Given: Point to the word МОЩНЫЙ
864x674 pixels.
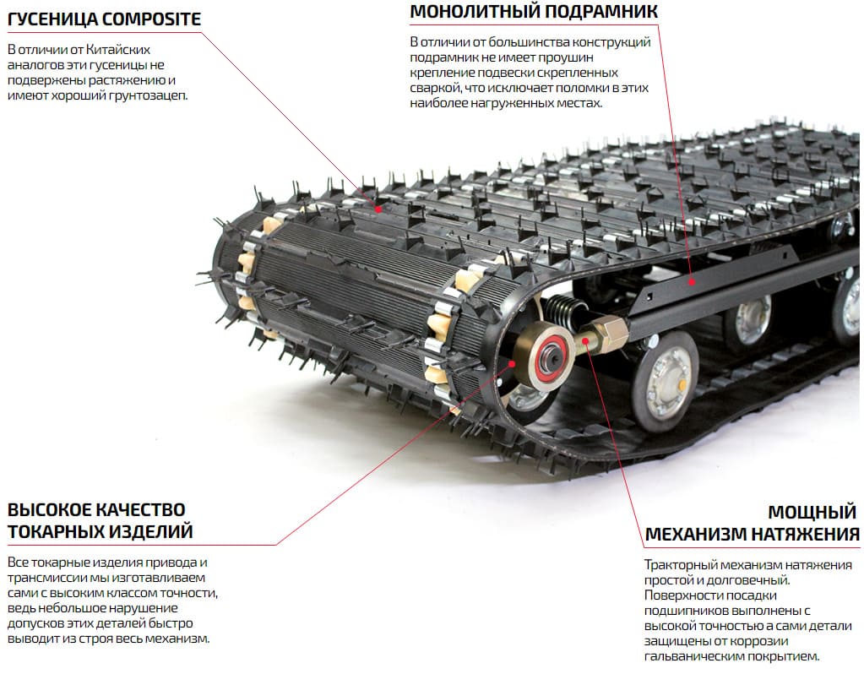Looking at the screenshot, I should tap(812, 512).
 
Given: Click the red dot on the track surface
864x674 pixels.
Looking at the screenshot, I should tap(378, 208).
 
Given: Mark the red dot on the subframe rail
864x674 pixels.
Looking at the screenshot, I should tap(690, 283).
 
